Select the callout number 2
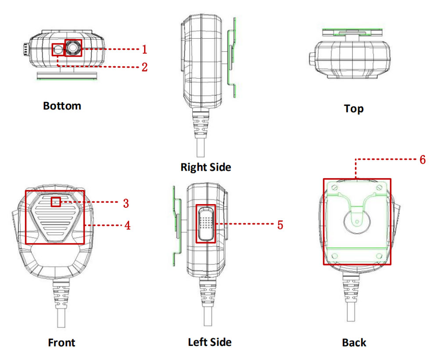point(144,67)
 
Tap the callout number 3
point(126,203)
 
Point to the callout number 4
point(127,226)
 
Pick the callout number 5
point(279,225)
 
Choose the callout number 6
point(422,159)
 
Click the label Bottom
point(62,106)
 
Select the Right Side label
point(205,167)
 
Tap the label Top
point(354,108)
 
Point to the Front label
point(61,342)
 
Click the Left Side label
point(209,342)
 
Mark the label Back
point(354,342)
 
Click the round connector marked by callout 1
point(73,47)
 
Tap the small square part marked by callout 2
point(58,50)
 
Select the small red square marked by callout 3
point(55,202)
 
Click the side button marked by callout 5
point(205,223)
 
